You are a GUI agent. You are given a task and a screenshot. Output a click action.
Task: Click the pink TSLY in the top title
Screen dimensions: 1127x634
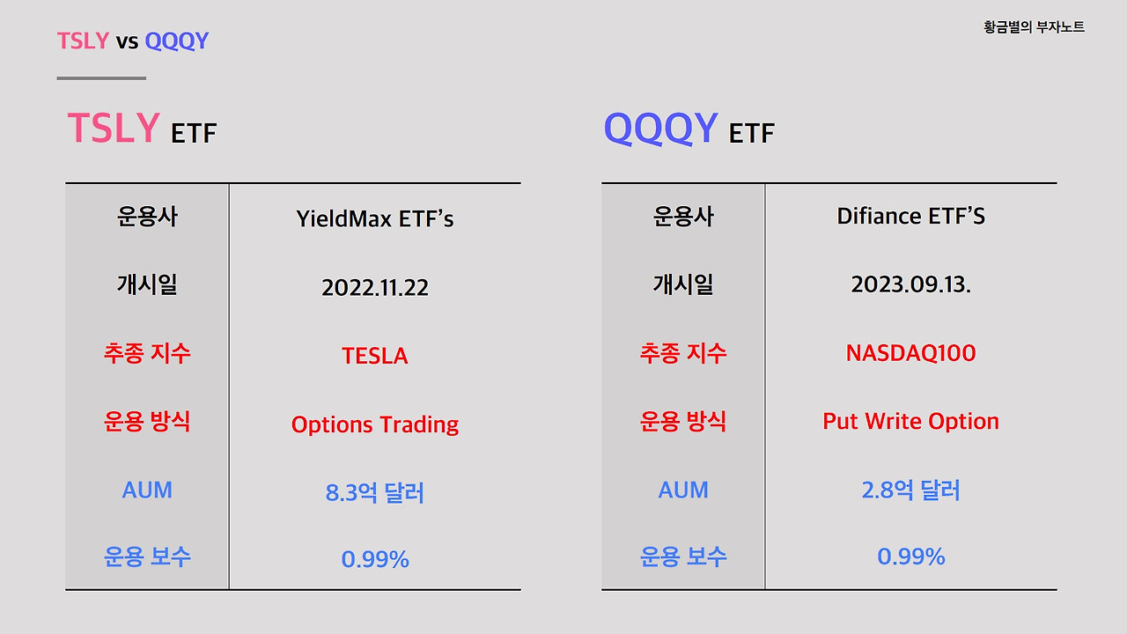[83, 41]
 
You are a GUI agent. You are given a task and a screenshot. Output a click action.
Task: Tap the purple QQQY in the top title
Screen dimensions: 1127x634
[177, 41]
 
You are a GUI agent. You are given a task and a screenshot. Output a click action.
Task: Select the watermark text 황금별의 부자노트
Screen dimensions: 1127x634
[1034, 26]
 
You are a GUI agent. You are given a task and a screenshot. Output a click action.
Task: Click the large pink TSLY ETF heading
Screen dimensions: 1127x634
[143, 128]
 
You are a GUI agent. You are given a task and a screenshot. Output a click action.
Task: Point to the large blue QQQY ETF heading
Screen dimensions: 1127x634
[689, 129]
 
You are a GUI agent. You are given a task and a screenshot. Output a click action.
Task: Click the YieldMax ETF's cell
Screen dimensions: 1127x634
[375, 219]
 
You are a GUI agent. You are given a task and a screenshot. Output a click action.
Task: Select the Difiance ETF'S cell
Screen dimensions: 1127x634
[910, 216]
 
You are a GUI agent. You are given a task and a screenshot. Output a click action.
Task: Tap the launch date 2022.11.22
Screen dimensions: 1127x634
[375, 288]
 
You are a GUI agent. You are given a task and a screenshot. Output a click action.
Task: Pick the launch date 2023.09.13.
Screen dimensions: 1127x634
[910, 284]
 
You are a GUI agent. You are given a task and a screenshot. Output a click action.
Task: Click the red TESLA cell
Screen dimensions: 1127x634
[375, 356]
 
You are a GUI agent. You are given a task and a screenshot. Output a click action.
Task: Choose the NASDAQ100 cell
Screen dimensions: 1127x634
[910, 353]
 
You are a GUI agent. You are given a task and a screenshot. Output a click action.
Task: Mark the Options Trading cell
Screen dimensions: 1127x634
[375, 424]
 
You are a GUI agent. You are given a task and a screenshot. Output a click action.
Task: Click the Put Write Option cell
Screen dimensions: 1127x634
[910, 421]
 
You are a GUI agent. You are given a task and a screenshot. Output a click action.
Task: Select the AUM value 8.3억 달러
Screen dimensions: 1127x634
[375, 492]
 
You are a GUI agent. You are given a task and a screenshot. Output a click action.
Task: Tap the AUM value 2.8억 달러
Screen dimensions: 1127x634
[910, 490]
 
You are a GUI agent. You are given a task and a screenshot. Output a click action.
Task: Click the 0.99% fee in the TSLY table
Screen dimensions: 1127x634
[375, 559]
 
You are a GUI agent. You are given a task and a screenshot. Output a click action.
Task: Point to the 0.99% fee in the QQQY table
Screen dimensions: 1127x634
[910, 557]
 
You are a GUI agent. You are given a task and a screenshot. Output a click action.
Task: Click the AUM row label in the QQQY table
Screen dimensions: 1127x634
[683, 490]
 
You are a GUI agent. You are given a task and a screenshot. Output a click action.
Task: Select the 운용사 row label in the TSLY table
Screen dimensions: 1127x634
[147, 217]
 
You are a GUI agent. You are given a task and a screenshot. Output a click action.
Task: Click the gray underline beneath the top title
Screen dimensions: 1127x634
[101, 78]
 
